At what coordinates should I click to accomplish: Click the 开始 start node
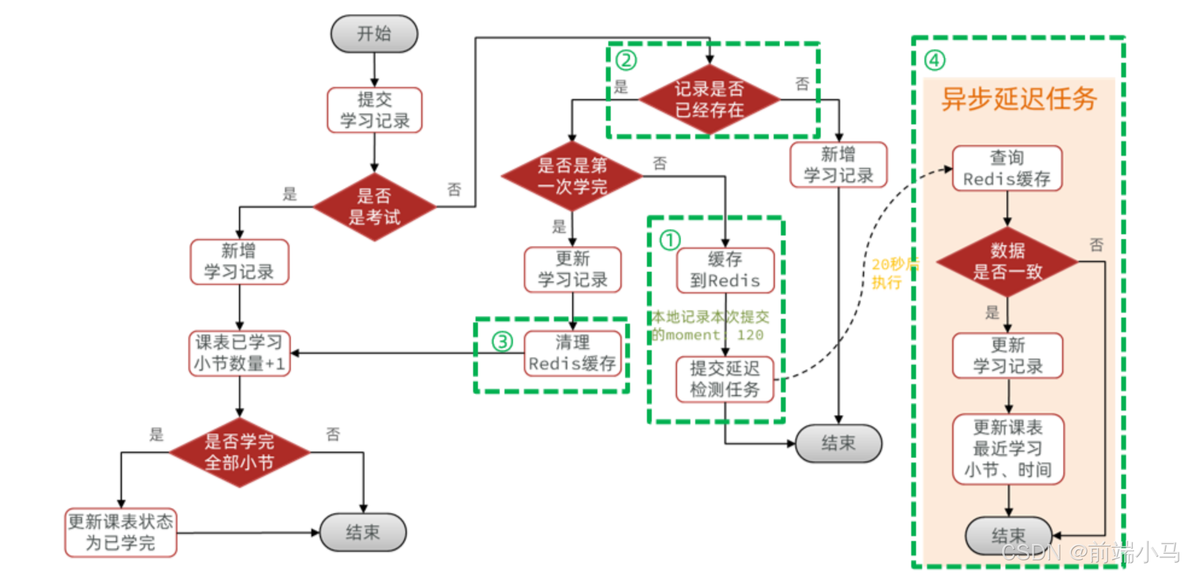374,34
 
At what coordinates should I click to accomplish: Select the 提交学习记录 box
374,110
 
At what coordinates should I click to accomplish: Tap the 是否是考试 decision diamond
374,206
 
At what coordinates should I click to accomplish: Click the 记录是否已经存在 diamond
709,100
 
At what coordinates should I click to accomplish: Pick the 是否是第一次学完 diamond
572,176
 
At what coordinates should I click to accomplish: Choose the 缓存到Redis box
725,270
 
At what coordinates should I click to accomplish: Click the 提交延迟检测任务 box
725,379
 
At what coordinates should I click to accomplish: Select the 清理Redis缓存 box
572,353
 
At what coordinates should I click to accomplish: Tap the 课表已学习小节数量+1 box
239,353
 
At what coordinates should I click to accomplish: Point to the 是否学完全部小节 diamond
239,452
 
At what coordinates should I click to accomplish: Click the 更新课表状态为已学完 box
121,533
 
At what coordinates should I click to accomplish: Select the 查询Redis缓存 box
1007,168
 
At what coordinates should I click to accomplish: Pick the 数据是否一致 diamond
1007,261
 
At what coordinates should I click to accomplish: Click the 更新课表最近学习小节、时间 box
1008,449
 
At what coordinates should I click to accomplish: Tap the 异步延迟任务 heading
1019,99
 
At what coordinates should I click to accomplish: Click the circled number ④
935,60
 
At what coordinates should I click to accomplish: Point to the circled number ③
502,342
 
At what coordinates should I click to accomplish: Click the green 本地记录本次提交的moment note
710,325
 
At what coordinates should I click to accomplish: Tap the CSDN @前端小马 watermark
1090,552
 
